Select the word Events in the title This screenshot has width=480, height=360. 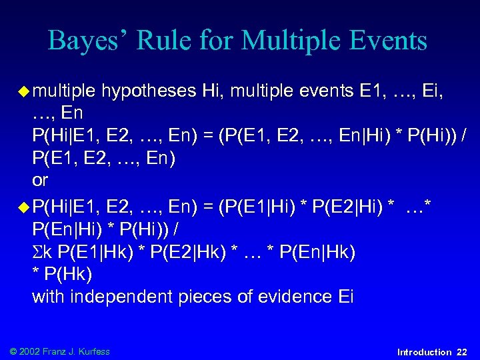pyautogui.click(x=387, y=41)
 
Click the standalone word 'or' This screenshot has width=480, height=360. pyautogui.click(x=40, y=181)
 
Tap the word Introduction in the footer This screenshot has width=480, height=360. pyautogui.click(x=424, y=351)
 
